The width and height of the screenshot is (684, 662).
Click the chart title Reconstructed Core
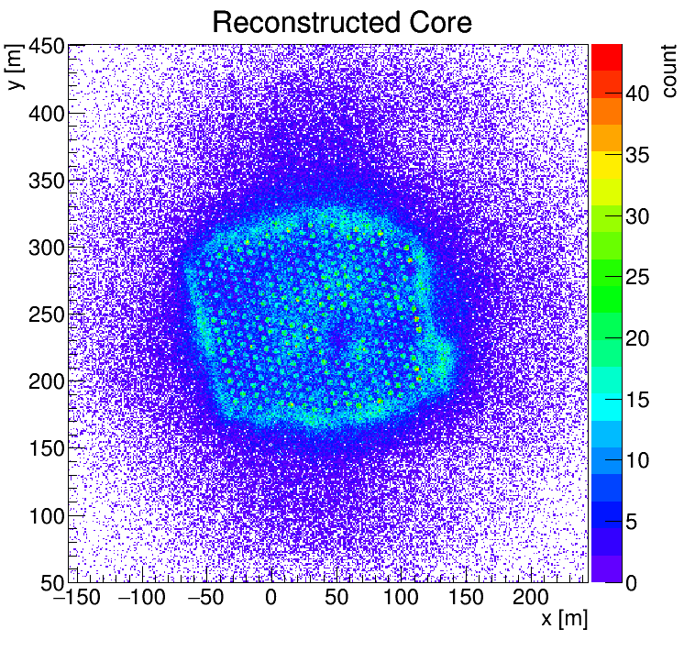click(x=342, y=22)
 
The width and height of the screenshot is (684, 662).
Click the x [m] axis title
click(x=563, y=619)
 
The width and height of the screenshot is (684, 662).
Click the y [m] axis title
click(x=15, y=70)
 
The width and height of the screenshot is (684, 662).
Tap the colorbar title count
click(x=667, y=70)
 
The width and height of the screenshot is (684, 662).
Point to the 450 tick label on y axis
click(x=43, y=46)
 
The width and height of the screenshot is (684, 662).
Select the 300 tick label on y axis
click(x=43, y=248)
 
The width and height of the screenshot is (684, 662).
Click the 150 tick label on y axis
click(x=43, y=448)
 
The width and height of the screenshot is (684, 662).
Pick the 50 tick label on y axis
click(x=49, y=582)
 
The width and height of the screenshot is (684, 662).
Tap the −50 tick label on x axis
click(x=204, y=598)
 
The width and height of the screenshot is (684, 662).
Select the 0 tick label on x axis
click(x=270, y=598)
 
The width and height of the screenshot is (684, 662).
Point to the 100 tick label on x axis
click(x=401, y=598)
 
